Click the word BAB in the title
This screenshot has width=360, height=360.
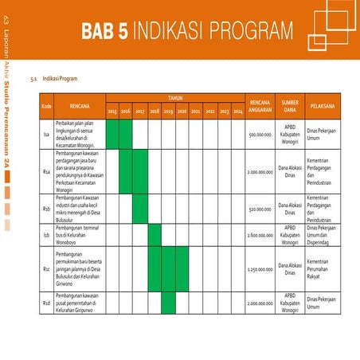coord(98,31)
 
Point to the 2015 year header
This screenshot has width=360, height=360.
coord(112,112)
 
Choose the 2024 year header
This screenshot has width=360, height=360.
coord(238,112)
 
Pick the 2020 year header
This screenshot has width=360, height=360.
coord(182,112)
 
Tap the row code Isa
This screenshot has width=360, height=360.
coord(47,135)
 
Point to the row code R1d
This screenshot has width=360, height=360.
coord(47,303)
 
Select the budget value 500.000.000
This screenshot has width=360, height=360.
coord(261,135)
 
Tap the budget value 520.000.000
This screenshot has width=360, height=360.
coord(261,210)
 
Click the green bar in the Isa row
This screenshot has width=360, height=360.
coord(112,135)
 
